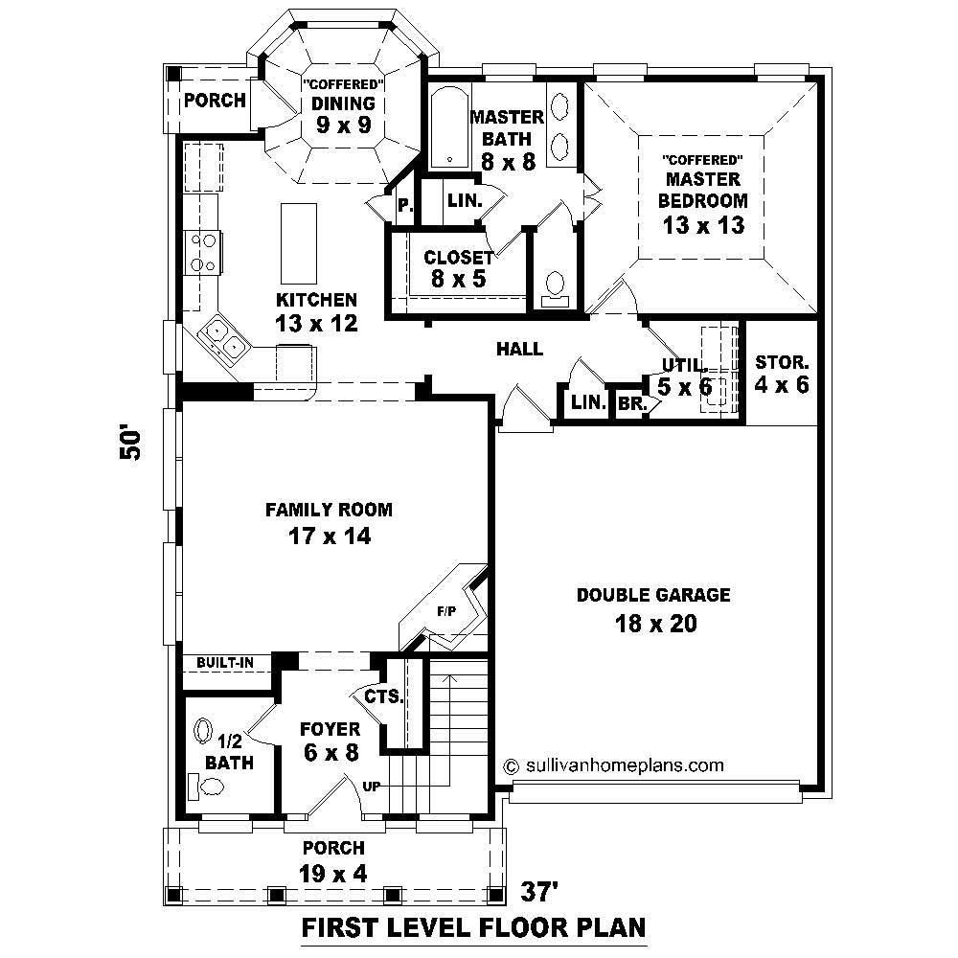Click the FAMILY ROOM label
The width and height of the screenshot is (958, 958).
tap(329, 510)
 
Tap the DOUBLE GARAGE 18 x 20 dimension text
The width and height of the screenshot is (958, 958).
tap(653, 624)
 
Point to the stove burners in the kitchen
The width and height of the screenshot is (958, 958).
tap(204, 252)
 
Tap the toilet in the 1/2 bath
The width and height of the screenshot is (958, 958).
tap(208, 787)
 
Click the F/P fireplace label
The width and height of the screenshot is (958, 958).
tap(445, 609)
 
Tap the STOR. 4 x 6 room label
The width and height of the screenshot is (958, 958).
tap(783, 374)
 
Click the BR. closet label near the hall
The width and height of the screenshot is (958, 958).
tap(630, 404)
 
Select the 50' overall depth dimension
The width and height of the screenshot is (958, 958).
tap(130, 443)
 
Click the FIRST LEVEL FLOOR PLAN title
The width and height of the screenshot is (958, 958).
tap(473, 927)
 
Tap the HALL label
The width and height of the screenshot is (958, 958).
tap(519, 349)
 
